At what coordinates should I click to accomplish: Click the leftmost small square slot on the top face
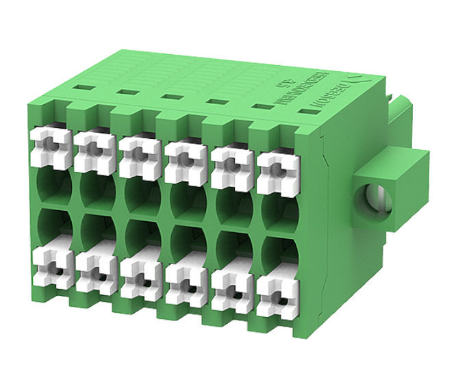[81, 88]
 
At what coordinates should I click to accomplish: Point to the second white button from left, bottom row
[95, 273]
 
